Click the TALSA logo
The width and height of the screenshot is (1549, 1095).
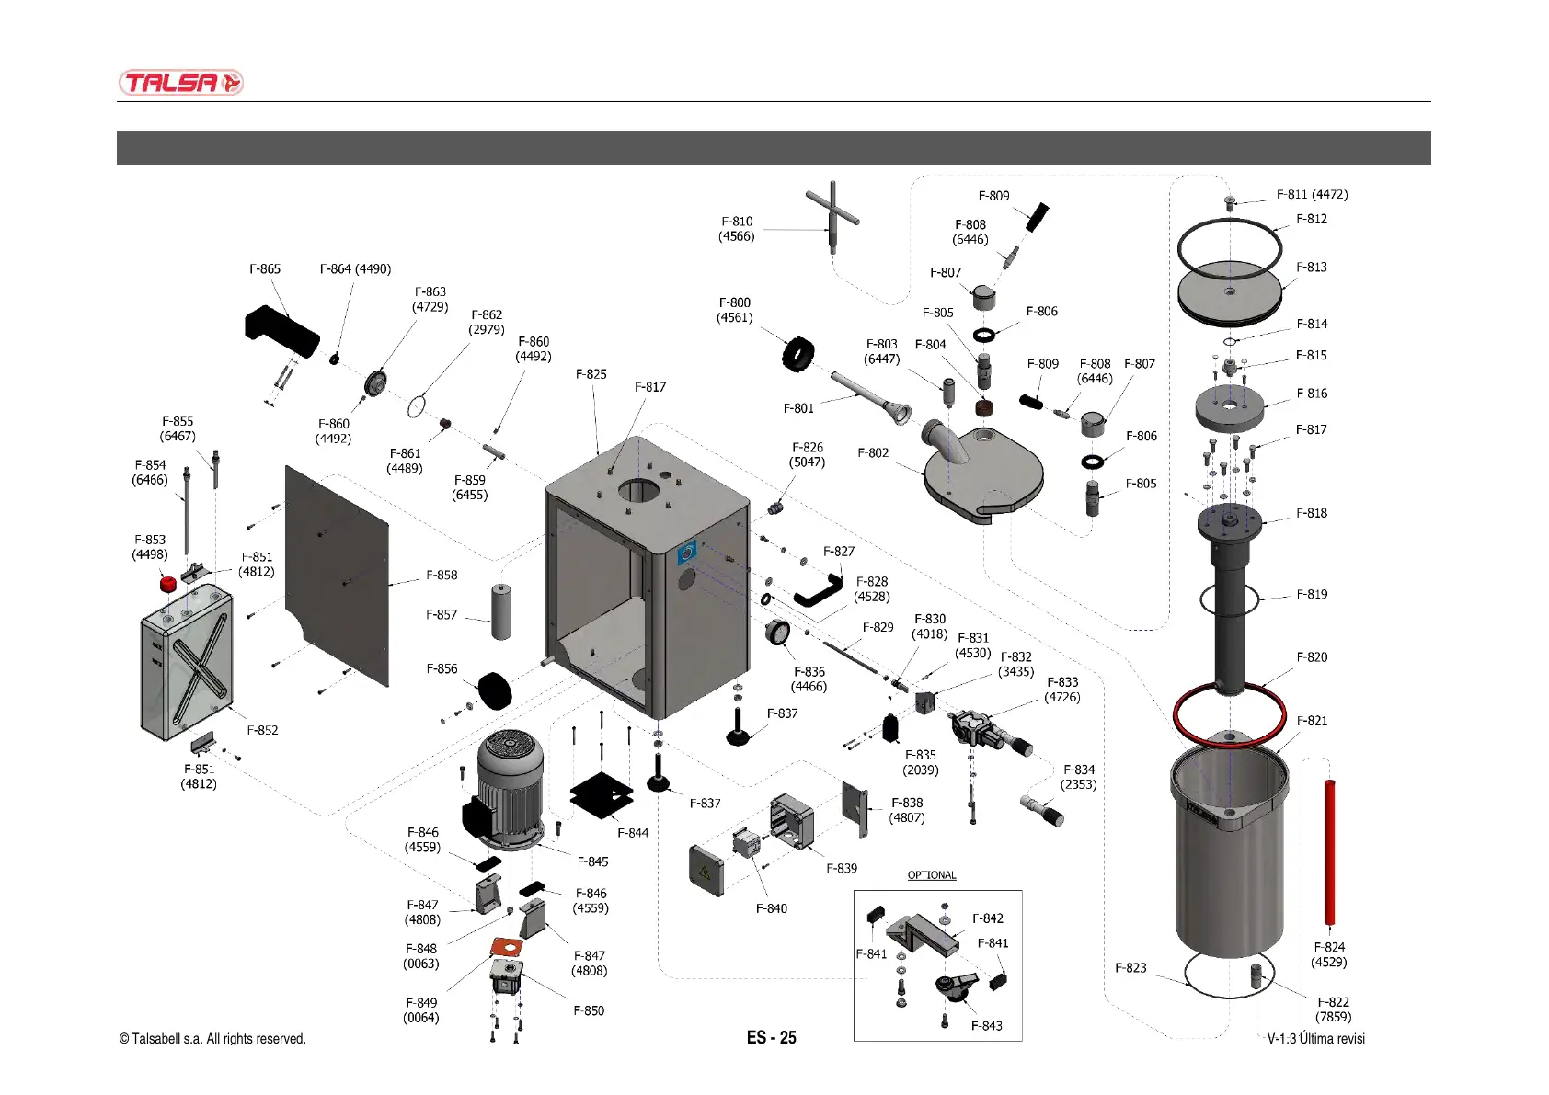point(180,83)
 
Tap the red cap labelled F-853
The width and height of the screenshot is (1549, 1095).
point(168,583)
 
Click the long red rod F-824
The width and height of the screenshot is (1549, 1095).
point(1329,850)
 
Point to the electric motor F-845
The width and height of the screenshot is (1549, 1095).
point(508,786)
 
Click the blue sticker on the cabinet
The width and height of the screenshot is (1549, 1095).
point(686,553)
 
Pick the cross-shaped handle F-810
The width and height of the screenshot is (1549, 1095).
point(832,216)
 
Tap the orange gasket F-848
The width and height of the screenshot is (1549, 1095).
point(506,947)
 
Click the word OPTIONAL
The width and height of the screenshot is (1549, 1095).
point(932,875)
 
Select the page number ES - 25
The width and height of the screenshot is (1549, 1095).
point(771,1038)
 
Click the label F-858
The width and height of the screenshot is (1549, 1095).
point(442,576)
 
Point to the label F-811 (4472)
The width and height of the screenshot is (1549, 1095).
point(1312,195)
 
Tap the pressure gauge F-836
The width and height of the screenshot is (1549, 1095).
point(777,633)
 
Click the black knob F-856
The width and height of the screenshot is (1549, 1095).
point(496,690)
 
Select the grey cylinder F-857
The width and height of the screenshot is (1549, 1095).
point(501,612)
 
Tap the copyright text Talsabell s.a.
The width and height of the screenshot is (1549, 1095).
point(212,1039)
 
